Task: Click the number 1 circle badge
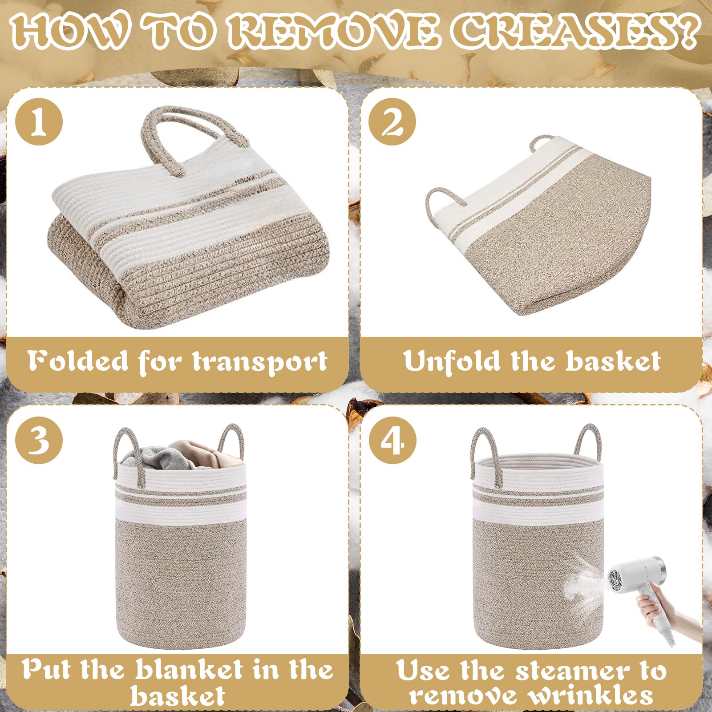(x=39, y=121)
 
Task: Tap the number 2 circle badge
(x=392, y=121)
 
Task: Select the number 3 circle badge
(x=39, y=440)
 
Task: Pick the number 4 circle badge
(x=392, y=440)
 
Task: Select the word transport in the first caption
(x=260, y=362)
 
